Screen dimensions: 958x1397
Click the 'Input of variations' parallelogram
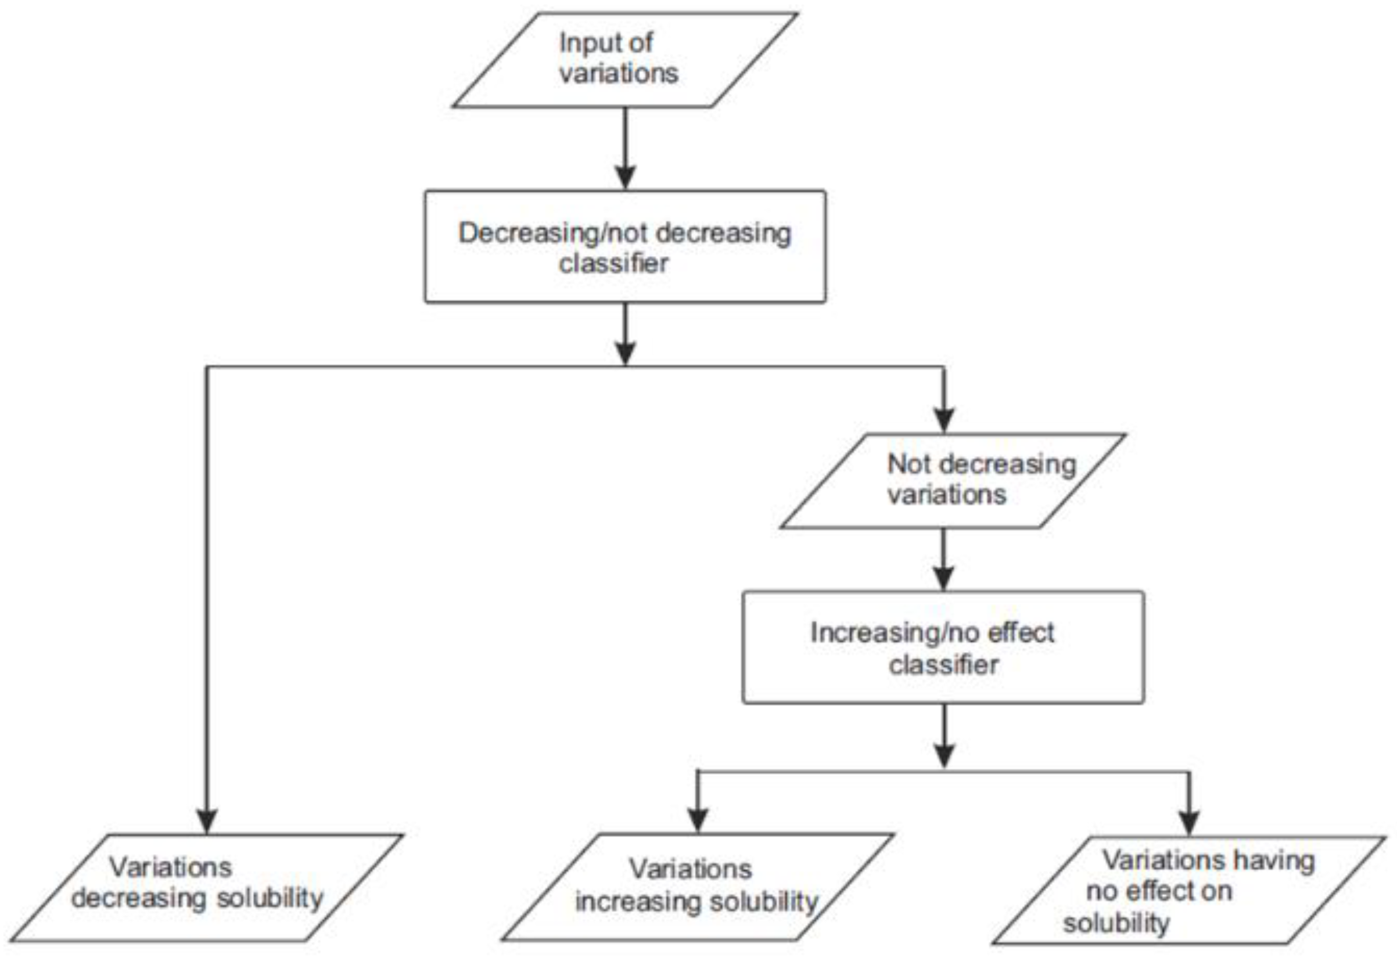(x=625, y=60)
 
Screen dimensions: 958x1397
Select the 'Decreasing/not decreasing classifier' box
(x=625, y=246)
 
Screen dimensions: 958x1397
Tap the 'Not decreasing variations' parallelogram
(x=953, y=481)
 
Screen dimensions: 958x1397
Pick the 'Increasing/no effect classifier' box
(x=943, y=647)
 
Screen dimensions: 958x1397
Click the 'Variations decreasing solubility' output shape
(x=206, y=887)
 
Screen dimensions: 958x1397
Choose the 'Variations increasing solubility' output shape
(x=697, y=887)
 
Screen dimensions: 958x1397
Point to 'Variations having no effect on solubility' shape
(x=1189, y=889)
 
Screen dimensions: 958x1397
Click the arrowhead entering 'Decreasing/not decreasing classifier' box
(x=626, y=178)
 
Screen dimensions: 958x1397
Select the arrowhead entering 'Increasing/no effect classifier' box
(x=944, y=578)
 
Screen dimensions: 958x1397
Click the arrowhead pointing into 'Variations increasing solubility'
(x=697, y=820)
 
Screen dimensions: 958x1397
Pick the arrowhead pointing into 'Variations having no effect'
(x=1188, y=822)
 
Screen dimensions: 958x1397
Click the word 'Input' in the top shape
(x=583, y=44)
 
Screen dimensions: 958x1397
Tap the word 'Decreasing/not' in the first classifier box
(x=538, y=233)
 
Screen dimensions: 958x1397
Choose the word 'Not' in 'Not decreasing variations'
(x=909, y=464)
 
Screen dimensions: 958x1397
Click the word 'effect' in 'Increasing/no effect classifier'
(x=1021, y=633)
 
